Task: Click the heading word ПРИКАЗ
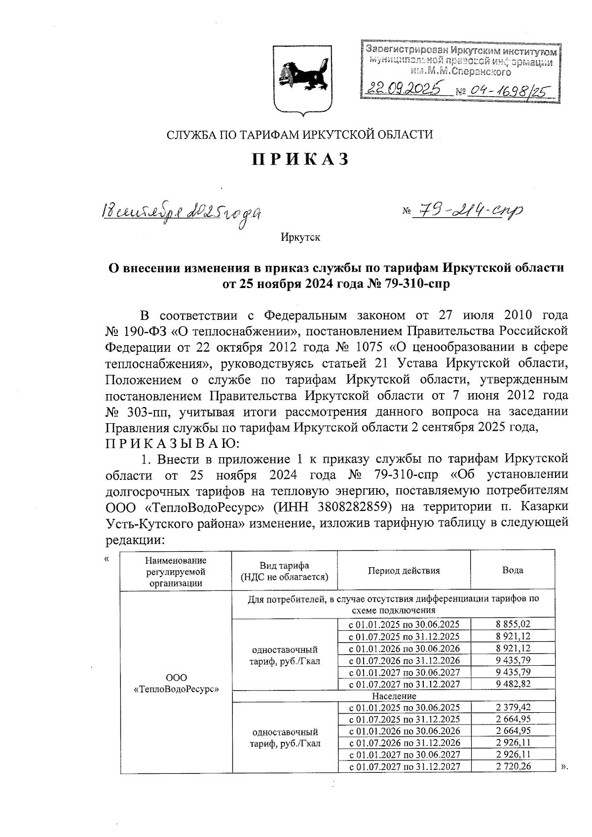click(301, 159)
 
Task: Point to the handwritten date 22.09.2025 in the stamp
click(403, 89)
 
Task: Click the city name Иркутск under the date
click(300, 237)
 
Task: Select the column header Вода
click(513, 570)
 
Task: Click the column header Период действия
click(404, 570)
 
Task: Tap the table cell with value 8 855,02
click(513, 624)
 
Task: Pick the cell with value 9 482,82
click(513, 684)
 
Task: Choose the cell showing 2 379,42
click(513, 707)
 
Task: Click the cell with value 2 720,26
click(513, 766)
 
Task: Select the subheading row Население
click(394, 695)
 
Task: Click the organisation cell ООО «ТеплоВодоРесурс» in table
click(176, 683)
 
